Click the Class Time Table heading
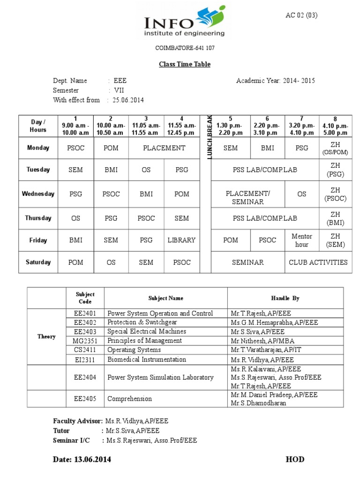184,64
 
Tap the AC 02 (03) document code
301,15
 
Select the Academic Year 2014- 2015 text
276,81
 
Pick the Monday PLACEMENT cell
164,148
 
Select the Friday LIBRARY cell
181,240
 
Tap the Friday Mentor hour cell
301,240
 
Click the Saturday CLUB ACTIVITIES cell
318,262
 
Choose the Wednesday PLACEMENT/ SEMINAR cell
247,197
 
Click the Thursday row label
38,218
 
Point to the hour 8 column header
335,126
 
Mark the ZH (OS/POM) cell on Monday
335,148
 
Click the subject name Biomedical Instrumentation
146,360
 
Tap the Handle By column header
285,298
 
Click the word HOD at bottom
295,459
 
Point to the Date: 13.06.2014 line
82,459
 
